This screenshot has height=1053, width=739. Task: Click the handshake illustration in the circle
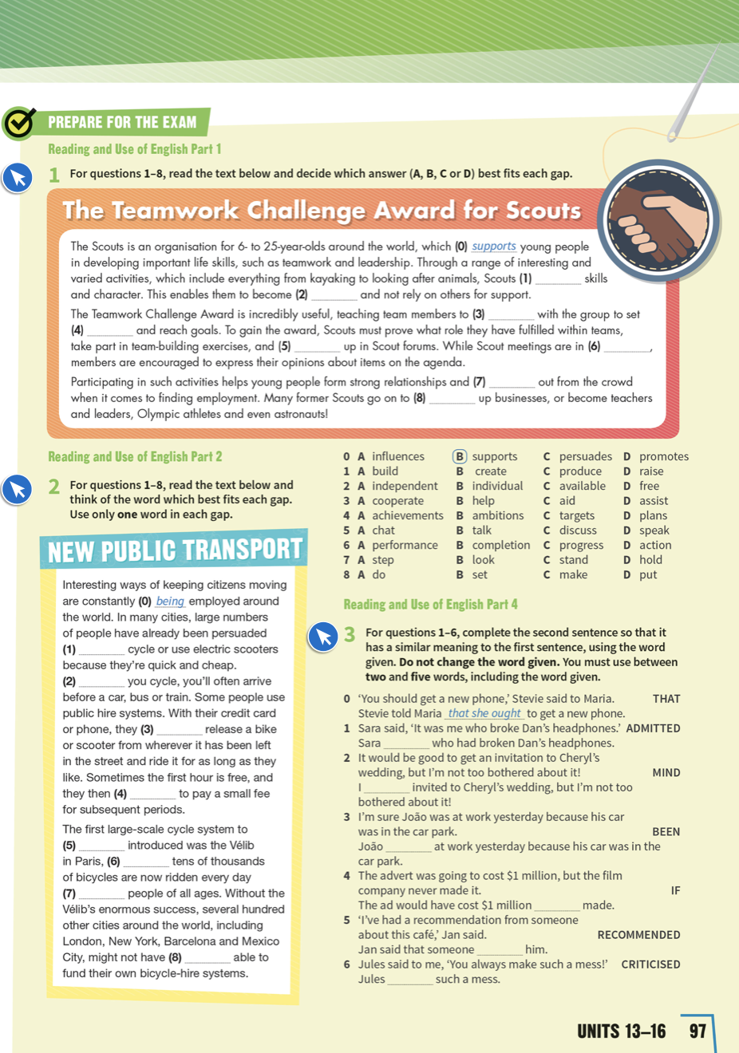pos(658,220)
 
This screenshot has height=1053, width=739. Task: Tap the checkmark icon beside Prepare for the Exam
pos(19,123)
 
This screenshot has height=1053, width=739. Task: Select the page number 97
pos(698,1031)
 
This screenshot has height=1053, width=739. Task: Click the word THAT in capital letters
pos(666,699)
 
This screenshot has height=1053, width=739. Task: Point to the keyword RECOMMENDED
pos(638,935)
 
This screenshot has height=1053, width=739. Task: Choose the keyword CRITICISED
pos(650,964)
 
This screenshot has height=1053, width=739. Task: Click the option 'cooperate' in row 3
pos(397,501)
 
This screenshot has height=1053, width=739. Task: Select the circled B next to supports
pos(460,456)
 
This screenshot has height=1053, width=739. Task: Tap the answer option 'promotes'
pos(663,456)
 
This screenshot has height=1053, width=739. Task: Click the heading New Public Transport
pos(175,550)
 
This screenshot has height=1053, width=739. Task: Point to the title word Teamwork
pos(175,211)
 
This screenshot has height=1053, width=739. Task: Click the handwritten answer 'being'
pos(170,601)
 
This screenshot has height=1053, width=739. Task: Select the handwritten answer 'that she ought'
pos(484,713)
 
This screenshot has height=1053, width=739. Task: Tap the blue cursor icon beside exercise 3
pos(323,637)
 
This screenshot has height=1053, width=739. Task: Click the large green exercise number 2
pos(53,487)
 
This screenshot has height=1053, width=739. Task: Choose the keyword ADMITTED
pos(653,728)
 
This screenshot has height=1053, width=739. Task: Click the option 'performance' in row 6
pos(405,545)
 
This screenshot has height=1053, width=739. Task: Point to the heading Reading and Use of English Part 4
pos(430,605)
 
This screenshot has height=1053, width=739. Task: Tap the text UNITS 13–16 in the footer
pos(621,1031)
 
